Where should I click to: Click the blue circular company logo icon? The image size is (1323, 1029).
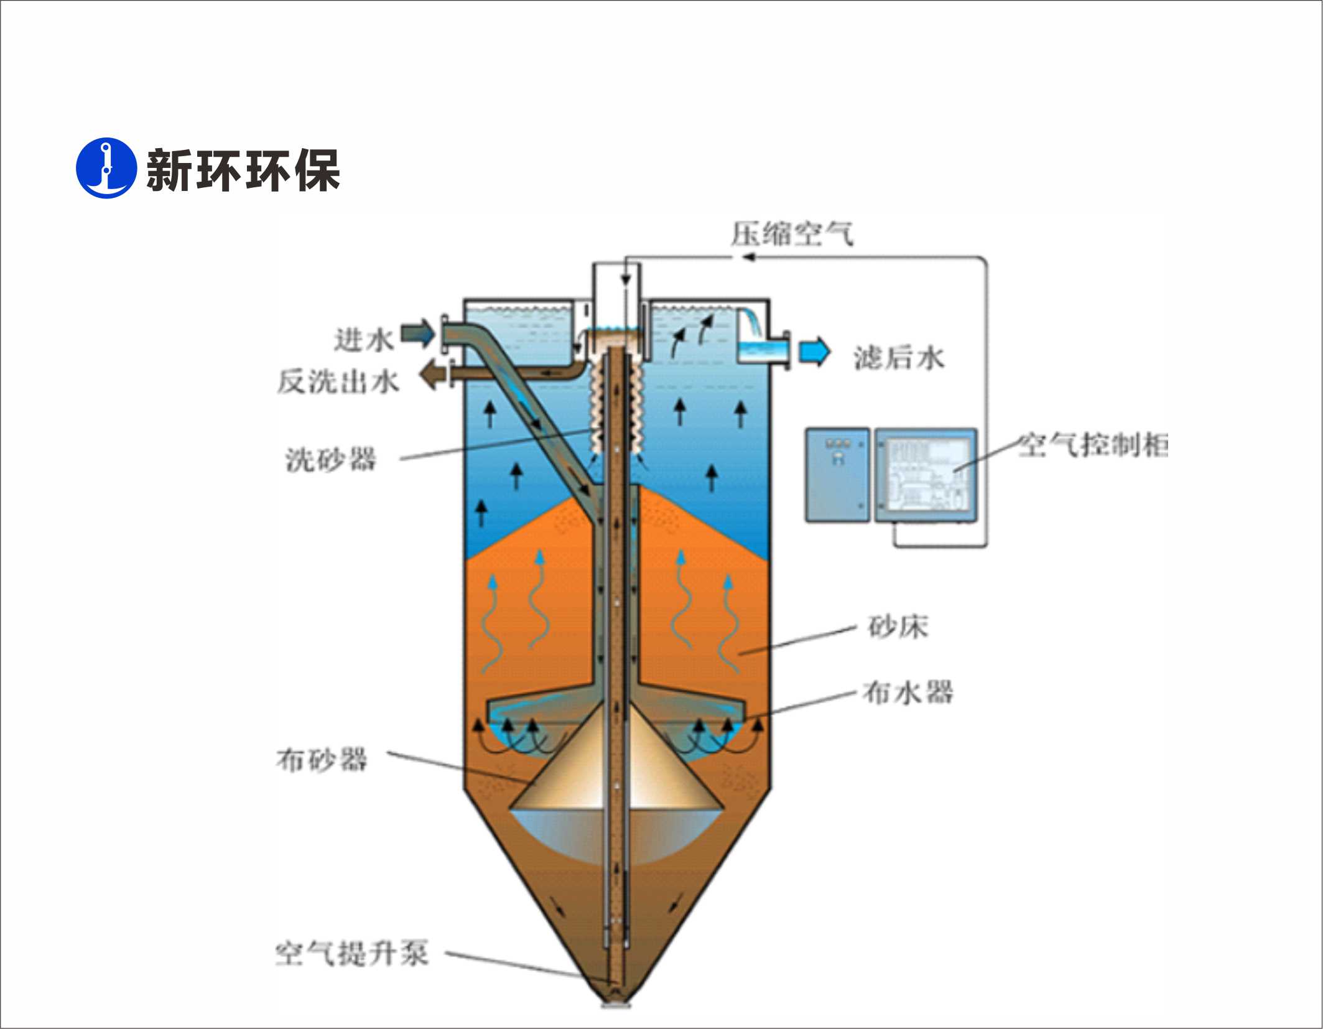click(x=106, y=168)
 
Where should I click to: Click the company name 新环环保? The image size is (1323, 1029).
click(x=243, y=170)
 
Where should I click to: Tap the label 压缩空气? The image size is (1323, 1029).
click(x=792, y=235)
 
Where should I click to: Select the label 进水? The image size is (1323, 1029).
click(x=364, y=340)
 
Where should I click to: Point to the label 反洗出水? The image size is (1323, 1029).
click(x=338, y=381)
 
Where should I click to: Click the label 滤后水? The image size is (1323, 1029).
click(x=899, y=358)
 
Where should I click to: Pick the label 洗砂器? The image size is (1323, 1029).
click(x=331, y=460)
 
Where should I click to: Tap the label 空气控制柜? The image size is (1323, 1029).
click(x=1093, y=445)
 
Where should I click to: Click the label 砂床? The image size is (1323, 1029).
click(x=898, y=626)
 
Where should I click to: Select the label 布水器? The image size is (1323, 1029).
click(x=908, y=692)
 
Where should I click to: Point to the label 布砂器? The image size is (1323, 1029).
click(x=322, y=760)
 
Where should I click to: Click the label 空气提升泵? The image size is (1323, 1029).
click(x=352, y=954)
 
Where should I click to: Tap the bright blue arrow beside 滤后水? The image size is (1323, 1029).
click(x=814, y=352)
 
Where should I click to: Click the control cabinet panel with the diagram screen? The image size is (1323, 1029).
click(x=926, y=475)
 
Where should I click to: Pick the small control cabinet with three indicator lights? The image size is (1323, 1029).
click(x=837, y=475)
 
